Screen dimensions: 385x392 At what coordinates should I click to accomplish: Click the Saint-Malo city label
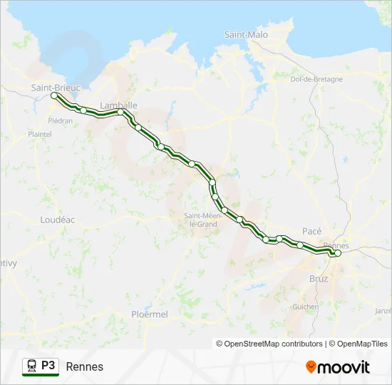click(246, 34)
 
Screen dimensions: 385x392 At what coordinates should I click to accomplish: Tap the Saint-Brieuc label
click(56, 87)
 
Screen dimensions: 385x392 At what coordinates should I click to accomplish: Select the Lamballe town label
click(118, 105)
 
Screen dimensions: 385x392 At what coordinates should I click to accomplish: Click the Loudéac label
click(58, 220)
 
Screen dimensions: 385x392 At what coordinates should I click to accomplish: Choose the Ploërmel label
click(150, 314)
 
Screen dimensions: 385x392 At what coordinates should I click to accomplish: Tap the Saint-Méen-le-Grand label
click(200, 220)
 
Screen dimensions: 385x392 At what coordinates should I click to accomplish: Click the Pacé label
click(312, 231)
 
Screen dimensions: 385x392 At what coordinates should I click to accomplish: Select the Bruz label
click(319, 279)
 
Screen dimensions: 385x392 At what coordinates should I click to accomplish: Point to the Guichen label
click(306, 307)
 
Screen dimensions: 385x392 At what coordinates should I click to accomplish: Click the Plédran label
click(61, 120)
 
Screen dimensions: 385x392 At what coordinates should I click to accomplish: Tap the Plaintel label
click(40, 134)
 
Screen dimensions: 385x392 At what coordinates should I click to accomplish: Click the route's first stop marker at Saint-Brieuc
click(54, 96)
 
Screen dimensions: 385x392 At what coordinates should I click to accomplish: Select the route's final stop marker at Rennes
click(338, 253)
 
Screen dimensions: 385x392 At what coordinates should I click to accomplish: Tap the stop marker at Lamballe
click(121, 112)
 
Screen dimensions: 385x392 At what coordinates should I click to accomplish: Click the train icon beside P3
click(31, 366)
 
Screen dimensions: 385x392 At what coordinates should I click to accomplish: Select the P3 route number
click(48, 366)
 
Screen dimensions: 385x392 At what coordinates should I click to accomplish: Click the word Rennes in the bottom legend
click(84, 366)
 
